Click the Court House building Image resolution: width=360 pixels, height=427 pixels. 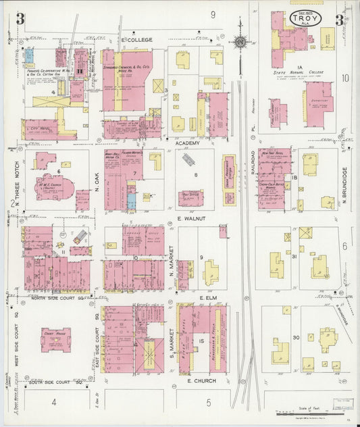55,339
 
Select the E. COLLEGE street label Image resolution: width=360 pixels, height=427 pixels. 137,40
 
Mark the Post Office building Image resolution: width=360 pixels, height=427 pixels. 190,197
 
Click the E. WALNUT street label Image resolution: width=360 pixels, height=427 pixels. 190,220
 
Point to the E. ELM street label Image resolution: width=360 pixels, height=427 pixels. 206,297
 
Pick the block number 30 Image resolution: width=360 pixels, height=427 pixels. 295,337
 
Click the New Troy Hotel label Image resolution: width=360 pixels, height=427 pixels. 270,154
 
